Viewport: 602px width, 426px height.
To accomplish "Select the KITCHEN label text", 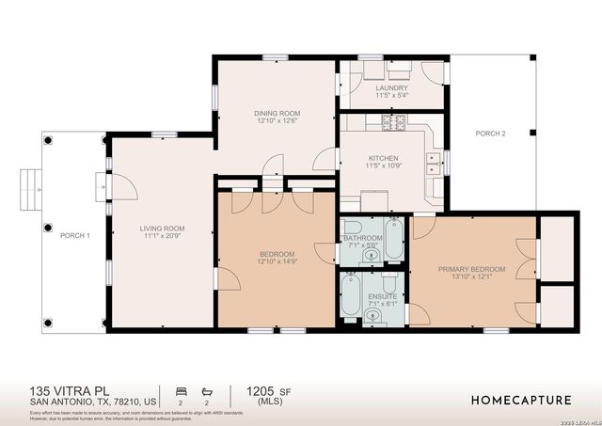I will click(x=383, y=158).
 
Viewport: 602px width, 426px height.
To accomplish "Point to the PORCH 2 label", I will click(x=490, y=134).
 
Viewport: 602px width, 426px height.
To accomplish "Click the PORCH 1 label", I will click(x=74, y=235).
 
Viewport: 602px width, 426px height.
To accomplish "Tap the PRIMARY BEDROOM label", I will click(x=471, y=269).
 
